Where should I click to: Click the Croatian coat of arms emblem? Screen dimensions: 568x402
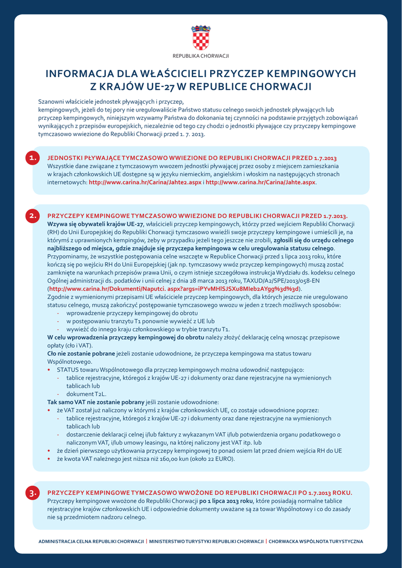click(201, 38)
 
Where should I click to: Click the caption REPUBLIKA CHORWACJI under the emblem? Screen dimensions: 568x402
click(201, 56)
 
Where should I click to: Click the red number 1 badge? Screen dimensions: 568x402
click(33, 158)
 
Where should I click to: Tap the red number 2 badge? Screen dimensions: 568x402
click(33, 216)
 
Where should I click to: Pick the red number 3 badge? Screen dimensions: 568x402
click(33, 493)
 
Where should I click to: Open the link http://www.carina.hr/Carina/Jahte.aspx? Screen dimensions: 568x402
click(260, 182)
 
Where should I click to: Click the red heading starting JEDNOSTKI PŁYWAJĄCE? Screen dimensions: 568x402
click(192, 158)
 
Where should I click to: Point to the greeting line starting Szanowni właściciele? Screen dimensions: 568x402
click(110, 102)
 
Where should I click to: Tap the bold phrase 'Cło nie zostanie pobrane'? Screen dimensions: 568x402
click(81, 353)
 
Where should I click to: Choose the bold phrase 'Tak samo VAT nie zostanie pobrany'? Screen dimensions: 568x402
click(95, 402)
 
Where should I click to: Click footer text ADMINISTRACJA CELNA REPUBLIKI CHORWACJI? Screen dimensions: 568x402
click(91, 541)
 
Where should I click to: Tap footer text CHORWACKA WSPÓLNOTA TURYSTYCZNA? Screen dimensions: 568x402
click(316, 541)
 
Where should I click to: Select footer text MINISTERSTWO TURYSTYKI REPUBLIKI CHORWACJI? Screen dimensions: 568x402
click(206, 541)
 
